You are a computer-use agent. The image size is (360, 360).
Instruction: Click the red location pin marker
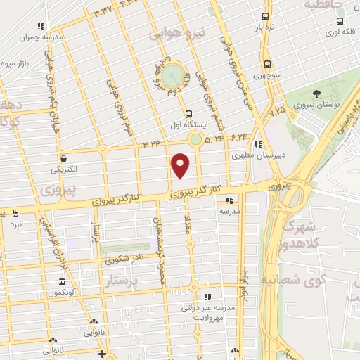coord(181,165)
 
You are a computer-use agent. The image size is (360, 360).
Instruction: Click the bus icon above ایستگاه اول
coord(188,113)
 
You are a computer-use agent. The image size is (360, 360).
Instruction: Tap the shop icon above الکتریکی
coord(64,159)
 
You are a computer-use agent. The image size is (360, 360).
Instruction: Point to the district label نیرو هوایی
coord(179,34)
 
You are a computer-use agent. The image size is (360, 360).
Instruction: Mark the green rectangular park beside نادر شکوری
coord(120,248)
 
